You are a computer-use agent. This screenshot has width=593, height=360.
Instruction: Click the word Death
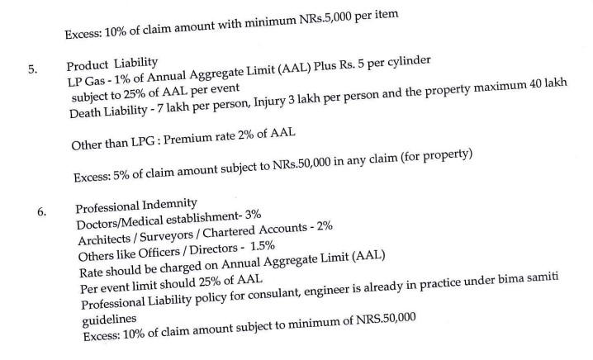coord(88,112)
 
